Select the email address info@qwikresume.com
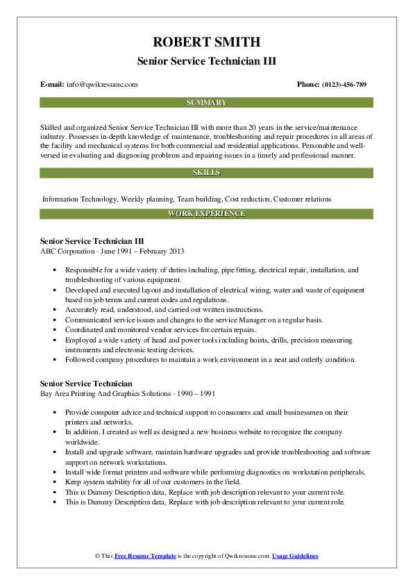pyautogui.click(x=102, y=84)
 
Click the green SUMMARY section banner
pyautogui.click(x=206, y=102)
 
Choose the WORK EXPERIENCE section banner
pyautogui.click(x=206, y=213)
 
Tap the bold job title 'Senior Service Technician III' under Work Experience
pyautogui.click(x=92, y=240)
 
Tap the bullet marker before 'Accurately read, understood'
pyautogui.click(x=55, y=309)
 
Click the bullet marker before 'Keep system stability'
pyautogui.click(x=55, y=481)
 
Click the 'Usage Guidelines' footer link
pyautogui.click(x=295, y=557)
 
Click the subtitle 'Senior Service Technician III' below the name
pyautogui.click(x=206, y=60)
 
